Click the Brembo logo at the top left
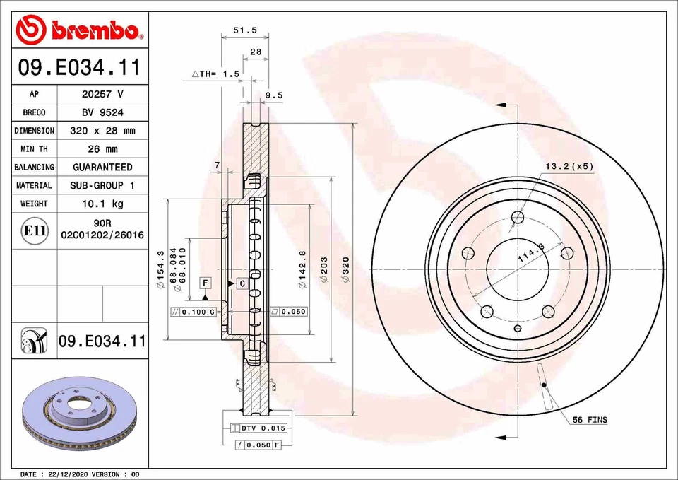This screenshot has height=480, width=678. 79,30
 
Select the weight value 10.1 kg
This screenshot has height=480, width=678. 102,204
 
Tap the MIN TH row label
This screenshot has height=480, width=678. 34,149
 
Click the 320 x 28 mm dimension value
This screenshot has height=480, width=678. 102,131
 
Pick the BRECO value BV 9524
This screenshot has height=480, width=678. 102,112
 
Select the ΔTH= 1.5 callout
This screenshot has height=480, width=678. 216,74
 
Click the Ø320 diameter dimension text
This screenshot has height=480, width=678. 345,269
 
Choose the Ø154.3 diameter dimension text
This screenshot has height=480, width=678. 160,269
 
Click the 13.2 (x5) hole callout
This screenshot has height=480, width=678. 569,167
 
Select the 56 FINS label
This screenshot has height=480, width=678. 589,420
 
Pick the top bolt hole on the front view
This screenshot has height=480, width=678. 518,217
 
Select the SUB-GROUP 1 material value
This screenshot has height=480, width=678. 102,185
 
